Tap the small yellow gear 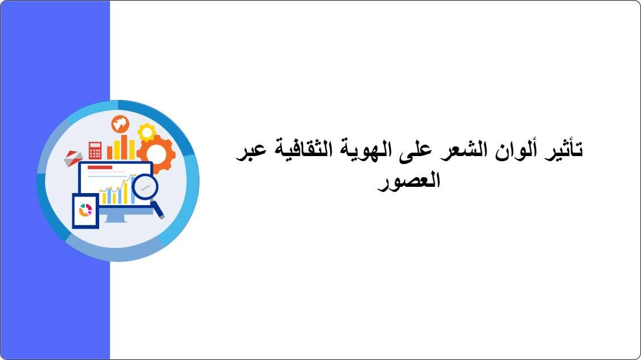pos(146,132)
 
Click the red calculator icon pos(95,150)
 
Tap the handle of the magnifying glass pos(158,210)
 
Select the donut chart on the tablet pos(85,210)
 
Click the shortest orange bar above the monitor pos(110,153)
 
